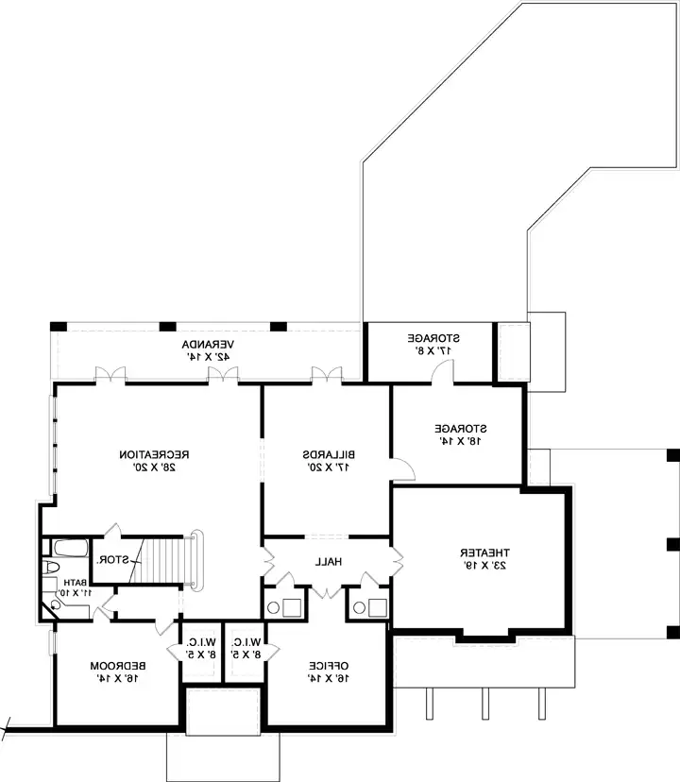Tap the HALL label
[328, 562]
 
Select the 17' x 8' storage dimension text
[433, 350]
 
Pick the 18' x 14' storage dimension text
[460, 440]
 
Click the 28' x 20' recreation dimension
[157, 467]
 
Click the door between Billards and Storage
[401, 467]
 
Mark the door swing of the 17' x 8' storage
[441, 374]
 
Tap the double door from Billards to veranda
[326, 376]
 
